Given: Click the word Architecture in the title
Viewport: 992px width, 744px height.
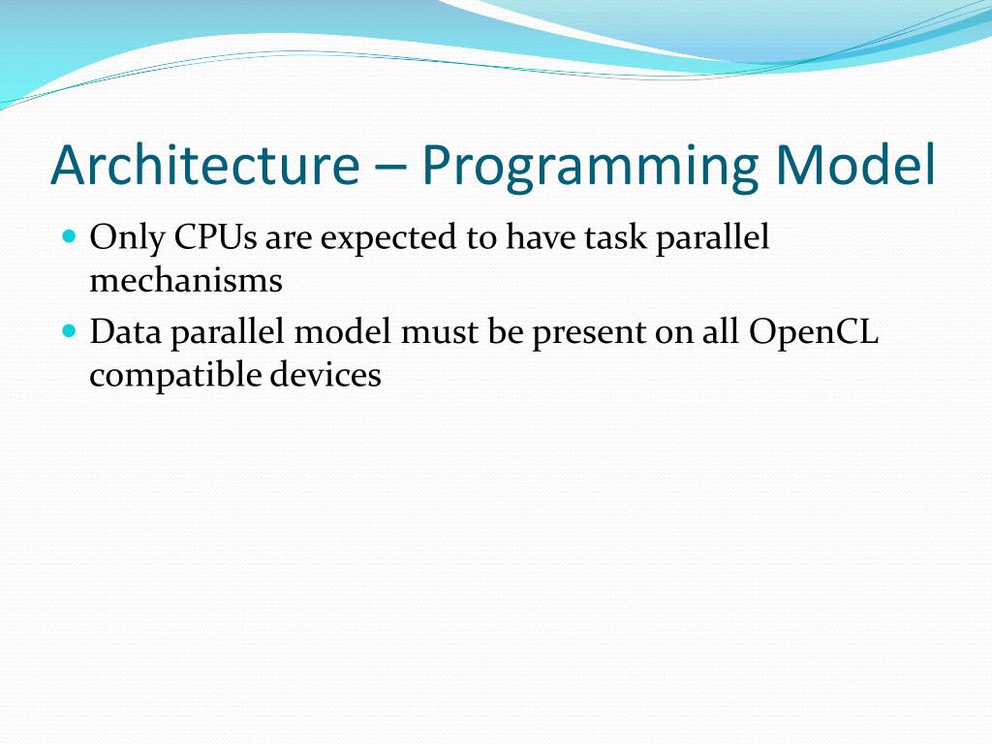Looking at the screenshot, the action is tap(205, 165).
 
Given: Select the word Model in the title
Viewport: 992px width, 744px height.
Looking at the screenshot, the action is tap(855, 165).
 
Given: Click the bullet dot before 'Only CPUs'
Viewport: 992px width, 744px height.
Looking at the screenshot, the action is tap(70, 236).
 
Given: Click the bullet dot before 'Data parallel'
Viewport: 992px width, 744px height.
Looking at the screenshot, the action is tap(70, 331).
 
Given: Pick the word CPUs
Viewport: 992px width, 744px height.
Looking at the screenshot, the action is tap(216, 237).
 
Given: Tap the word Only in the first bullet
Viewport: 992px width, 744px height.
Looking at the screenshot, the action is tap(127, 239).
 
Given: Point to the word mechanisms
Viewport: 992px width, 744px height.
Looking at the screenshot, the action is tap(186, 280).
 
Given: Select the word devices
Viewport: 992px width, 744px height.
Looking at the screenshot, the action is tap(325, 374).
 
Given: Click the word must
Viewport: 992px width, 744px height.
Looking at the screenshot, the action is tap(440, 333).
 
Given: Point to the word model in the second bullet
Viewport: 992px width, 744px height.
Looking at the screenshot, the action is tap(342, 331).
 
